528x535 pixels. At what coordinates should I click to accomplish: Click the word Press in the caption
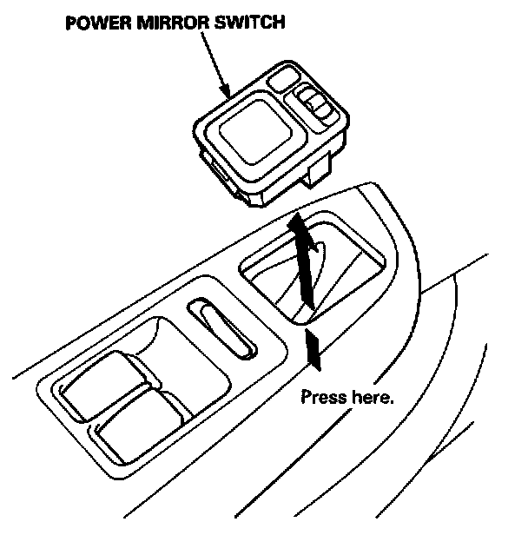coord(322,398)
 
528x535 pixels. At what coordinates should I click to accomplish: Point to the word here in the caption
coord(370,398)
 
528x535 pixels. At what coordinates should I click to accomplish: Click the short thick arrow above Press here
coord(314,347)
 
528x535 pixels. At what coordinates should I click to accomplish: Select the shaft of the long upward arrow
coord(305,269)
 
